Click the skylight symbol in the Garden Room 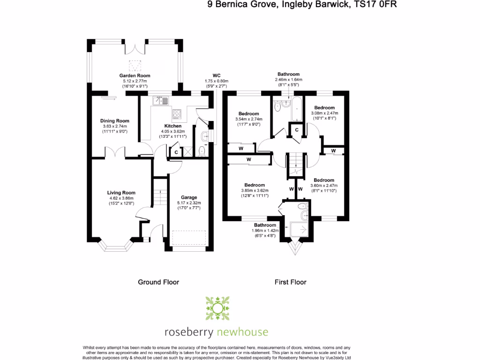[x=135, y=65]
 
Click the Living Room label [x=121, y=193]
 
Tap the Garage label [x=189, y=197]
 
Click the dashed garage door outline [x=189, y=238]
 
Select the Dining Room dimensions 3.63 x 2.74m [x=115, y=126]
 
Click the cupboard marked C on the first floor [x=297, y=130]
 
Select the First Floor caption [x=290, y=282]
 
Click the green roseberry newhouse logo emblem [x=217, y=308]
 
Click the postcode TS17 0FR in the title [x=377, y=5]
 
